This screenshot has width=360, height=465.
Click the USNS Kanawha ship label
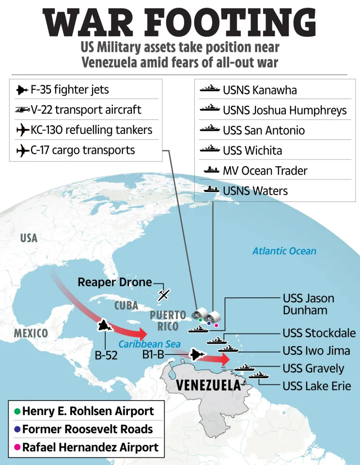[260, 90]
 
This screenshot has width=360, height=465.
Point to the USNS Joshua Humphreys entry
[284, 110]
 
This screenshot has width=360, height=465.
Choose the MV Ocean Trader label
[265, 171]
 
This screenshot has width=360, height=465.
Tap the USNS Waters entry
[255, 191]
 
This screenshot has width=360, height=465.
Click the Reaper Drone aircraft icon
[165, 294]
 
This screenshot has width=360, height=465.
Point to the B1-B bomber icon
[197, 355]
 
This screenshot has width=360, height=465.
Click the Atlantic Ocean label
[284, 251]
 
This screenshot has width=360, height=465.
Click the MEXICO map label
[31, 333]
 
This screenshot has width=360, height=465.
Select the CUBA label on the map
[126, 305]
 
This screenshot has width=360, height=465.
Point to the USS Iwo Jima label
[316, 350]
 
